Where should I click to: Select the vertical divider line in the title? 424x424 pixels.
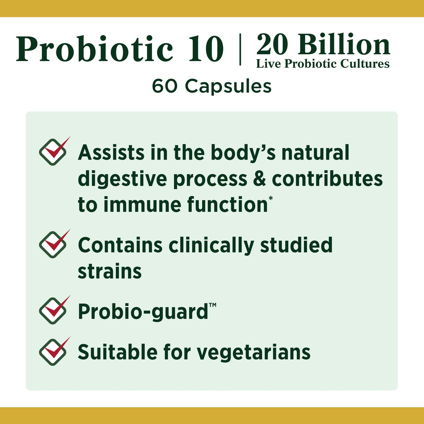click(x=240, y=49)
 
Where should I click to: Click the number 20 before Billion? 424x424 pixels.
click(x=272, y=45)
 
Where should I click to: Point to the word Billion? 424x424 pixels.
click(x=344, y=45)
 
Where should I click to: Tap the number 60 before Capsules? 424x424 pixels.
click(x=165, y=87)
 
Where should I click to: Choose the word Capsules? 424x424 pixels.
click(x=228, y=87)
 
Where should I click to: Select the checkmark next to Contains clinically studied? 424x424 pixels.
click(x=53, y=244)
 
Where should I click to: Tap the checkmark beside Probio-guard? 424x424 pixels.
click(x=53, y=310)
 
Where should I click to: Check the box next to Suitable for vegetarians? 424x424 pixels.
click(x=53, y=352)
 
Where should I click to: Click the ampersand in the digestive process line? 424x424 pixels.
click(x=259, y=179)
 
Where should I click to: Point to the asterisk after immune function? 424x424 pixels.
click(x=271, y=199)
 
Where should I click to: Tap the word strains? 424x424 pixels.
click(x=110, y=271)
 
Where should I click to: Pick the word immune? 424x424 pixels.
click(x=143, y=205)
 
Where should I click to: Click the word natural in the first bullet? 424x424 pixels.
click(x=315, y=153)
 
